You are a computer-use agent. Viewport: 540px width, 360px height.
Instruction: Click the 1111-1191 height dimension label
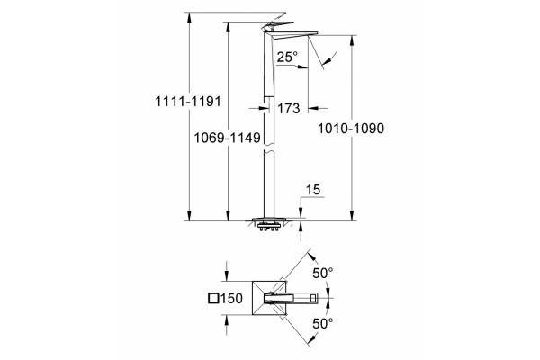coord(188,102)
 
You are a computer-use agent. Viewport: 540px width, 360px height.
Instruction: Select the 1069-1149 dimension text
coord(227,138)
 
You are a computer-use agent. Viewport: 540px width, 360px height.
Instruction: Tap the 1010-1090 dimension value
coord(351,128)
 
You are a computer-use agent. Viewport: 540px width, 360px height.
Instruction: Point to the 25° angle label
coord(287,57)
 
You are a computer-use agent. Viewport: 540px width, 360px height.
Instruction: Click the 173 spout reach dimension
coord(289,109)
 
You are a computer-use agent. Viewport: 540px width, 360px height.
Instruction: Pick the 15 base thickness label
coord(313,190)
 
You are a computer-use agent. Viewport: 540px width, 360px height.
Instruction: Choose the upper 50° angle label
coord(323,273)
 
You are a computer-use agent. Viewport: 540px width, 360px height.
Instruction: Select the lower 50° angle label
coord(323,323)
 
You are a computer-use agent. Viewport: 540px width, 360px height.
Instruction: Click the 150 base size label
coord(231,298)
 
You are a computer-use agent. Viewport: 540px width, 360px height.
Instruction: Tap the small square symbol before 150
coord(214,298)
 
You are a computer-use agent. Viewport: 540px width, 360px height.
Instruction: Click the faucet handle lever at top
coord(277,25)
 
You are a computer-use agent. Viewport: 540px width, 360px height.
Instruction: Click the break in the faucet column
coord(269,148)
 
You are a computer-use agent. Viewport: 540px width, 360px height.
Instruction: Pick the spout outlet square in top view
coord(314,298)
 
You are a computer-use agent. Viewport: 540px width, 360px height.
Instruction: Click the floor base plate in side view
coord(269,220)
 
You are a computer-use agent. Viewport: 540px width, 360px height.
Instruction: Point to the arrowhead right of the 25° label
coord(302,67)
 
